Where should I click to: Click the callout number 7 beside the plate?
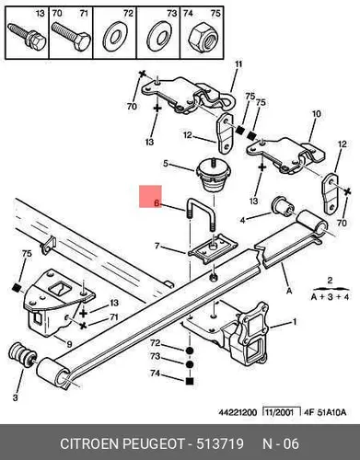[157, 246]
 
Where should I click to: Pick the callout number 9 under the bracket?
[69, 344]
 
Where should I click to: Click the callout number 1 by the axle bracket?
[295, 322]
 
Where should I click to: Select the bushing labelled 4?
[283, 207]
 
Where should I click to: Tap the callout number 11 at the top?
[238, 64]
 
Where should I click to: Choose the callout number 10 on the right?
[316, 114]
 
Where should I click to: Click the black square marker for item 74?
[190, 381]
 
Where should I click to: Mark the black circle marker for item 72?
[190, 351]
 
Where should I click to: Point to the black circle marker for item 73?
[190, 364]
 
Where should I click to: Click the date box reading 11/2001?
[282, 412]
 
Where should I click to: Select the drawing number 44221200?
[238, 412]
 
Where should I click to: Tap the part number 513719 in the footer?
[220, 443]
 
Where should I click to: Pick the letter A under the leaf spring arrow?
[289, 291]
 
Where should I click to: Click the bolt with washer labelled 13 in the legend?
[28, 37]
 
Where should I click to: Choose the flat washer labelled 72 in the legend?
[114, 37]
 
